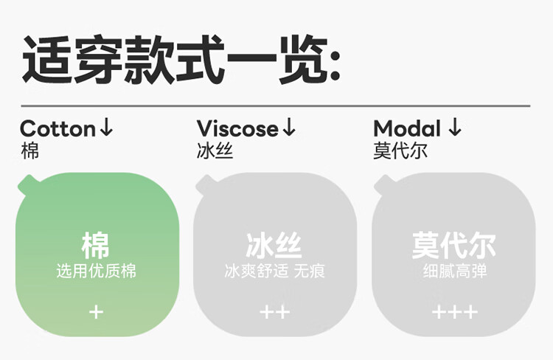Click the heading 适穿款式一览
point(181,59)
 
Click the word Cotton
point(58,128)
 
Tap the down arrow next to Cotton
point(106,128)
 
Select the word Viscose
point(237,128)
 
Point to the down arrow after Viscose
point(289,128)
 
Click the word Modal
point(407,128)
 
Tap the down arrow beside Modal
point(455,128)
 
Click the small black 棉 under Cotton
point(29,151)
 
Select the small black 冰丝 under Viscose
point(215,151)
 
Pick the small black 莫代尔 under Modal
point(400,151)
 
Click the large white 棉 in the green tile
point(96,246)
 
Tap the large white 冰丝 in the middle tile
point(274,246)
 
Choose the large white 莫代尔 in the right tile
point(454,246)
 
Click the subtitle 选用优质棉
point(96,271)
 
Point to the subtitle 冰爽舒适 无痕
point(274,271)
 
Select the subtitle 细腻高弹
point(455,271)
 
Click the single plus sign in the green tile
point(97,312)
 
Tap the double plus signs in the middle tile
point(275,312)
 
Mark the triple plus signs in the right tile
point(455,312)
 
